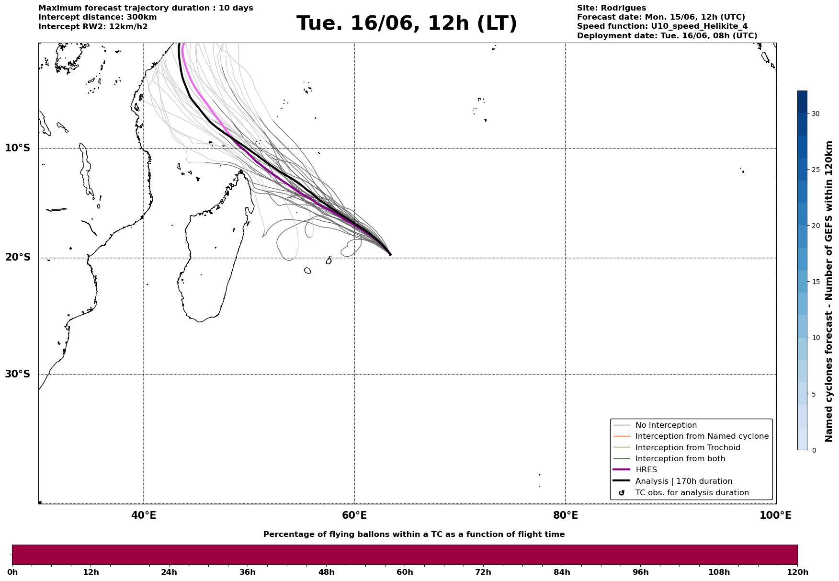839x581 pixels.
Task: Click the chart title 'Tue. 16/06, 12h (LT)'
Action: (x=407, y=23)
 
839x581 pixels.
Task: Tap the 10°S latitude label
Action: (x=17, y=148)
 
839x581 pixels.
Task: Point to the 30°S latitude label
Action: (x=17, y=374)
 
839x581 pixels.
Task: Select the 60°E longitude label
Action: (x=354, y=515)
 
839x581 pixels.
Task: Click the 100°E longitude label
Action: (x=775, y=515)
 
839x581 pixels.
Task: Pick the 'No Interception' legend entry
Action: (x=666, y=425)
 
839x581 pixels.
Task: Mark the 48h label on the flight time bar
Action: (x=327, y=572)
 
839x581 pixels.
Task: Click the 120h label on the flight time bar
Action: (x=797, y=572)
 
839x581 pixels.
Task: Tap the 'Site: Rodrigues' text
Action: (x=612, y=8)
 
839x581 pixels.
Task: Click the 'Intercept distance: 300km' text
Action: (x=98, y=17)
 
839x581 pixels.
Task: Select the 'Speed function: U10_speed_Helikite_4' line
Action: (x=662, y=26)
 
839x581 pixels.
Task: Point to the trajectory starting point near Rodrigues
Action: (x=390, y=254)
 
